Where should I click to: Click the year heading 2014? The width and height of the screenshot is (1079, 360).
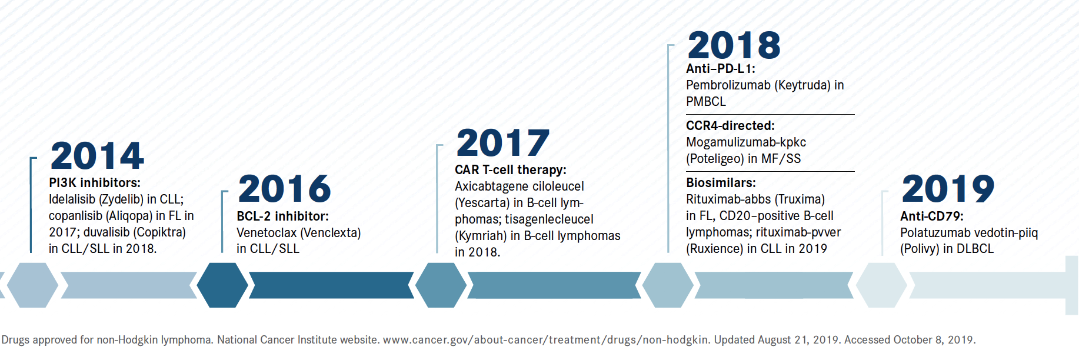[97, 156]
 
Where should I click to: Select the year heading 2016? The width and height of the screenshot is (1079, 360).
[285, 189]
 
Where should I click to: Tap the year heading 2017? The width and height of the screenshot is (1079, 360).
[503, 143]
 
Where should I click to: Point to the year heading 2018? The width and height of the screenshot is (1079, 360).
[734, 45]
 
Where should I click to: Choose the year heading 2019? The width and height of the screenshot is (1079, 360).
[948, 189]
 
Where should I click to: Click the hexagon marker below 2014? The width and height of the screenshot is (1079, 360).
[32, 285]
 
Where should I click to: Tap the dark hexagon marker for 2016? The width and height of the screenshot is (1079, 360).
[222, 285]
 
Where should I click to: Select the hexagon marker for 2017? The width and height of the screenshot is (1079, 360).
[441, 285]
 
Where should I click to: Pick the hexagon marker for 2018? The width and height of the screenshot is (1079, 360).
[668, 285]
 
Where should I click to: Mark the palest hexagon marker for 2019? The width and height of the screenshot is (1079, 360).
[881, 285]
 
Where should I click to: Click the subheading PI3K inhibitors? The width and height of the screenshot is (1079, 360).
[95, 183]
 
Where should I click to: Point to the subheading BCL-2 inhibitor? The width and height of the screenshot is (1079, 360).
[283, 216]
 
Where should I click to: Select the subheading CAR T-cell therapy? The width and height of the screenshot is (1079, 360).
[511, 170]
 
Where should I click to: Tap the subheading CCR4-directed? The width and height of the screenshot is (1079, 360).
[730, 126]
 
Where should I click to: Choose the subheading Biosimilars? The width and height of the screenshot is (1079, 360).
[721, 183]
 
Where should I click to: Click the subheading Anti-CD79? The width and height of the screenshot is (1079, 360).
[932, 216]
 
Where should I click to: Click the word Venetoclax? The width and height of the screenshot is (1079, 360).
[267, 233]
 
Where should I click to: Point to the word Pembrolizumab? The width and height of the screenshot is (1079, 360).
[728, 85]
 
